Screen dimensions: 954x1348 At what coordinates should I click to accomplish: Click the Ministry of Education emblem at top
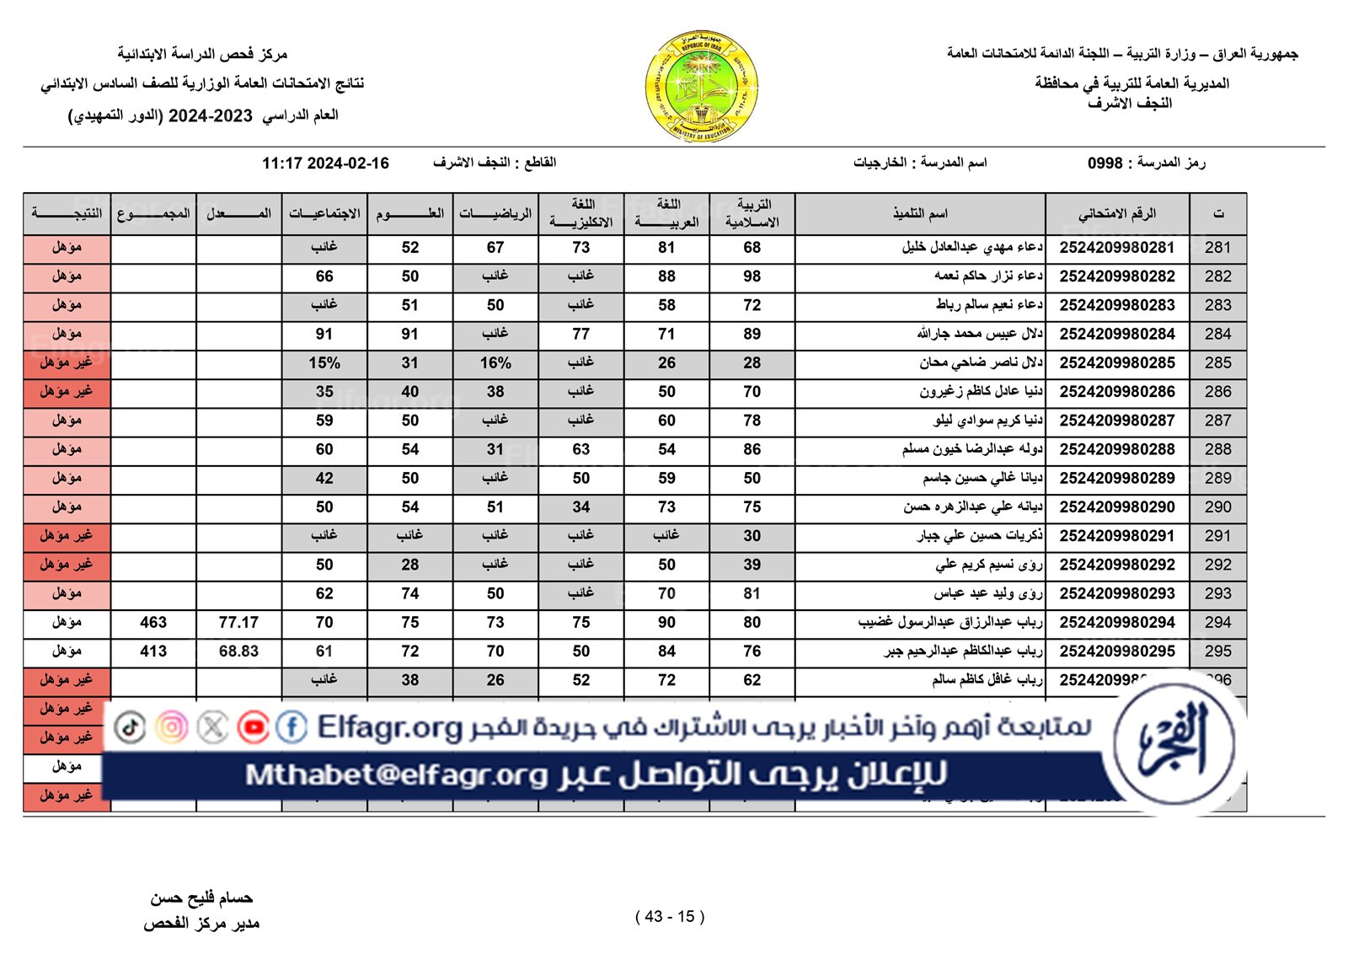point(701,86)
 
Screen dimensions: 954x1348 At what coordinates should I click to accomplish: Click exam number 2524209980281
point(1117,248)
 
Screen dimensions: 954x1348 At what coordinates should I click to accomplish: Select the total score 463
point(153,623)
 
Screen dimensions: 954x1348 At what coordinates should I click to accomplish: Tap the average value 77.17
point(238,623)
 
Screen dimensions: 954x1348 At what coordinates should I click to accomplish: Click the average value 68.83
point(238,651)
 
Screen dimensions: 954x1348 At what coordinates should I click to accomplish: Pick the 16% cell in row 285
point(495,363)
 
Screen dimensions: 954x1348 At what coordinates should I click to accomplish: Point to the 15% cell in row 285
point(324,363)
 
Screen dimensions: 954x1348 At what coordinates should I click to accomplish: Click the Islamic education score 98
point(752,276)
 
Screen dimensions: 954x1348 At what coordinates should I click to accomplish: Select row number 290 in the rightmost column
point(1217,507)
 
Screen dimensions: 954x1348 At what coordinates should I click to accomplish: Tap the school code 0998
point(1105,163)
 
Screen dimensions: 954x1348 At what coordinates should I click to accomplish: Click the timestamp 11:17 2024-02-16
point(325,163)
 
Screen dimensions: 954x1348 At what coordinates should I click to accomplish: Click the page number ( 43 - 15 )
point(670,917)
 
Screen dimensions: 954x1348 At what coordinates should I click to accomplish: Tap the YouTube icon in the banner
point(253,726)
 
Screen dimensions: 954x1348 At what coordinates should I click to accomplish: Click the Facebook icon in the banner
point(292,726)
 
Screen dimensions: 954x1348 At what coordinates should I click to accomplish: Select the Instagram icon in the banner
point(172,726)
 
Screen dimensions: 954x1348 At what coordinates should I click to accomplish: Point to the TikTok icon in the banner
point(130,726)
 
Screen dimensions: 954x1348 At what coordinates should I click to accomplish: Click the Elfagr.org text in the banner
point(390,726)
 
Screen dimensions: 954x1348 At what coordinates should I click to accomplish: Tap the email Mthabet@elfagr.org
point(397,774)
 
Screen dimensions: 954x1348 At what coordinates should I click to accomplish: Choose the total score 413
point(153,651)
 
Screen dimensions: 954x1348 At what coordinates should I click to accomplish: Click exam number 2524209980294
point(1117,623)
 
